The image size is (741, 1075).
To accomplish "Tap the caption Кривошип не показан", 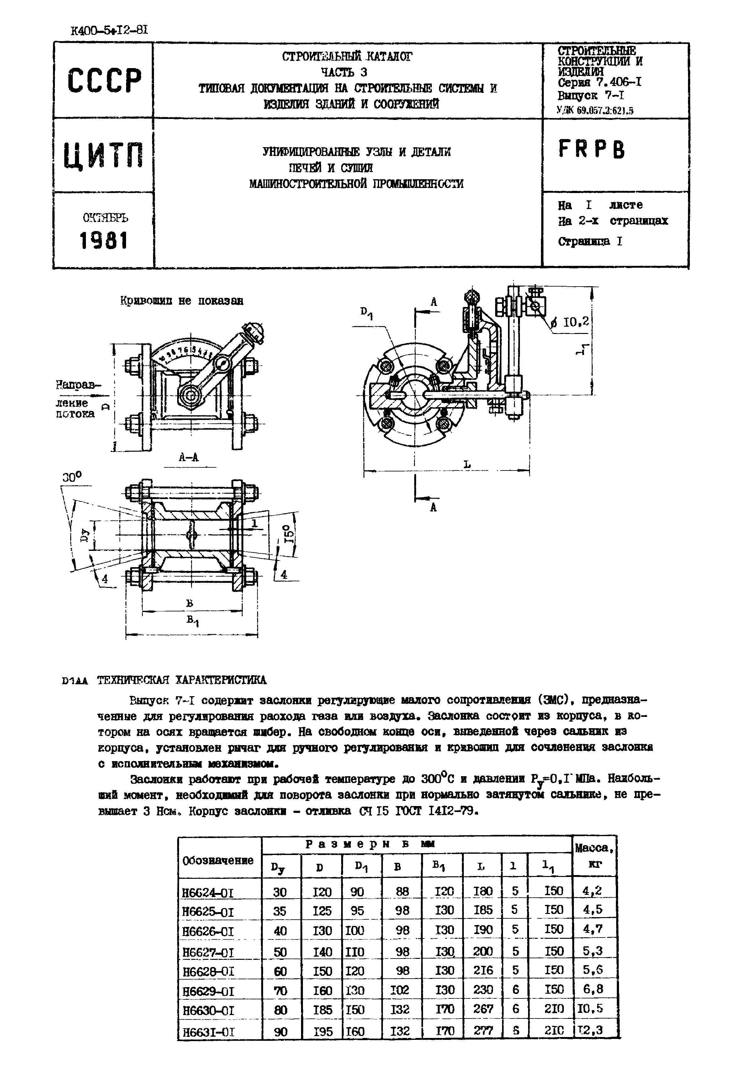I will [x=182, y=301].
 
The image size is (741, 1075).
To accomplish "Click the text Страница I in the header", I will [x=590, y=242].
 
